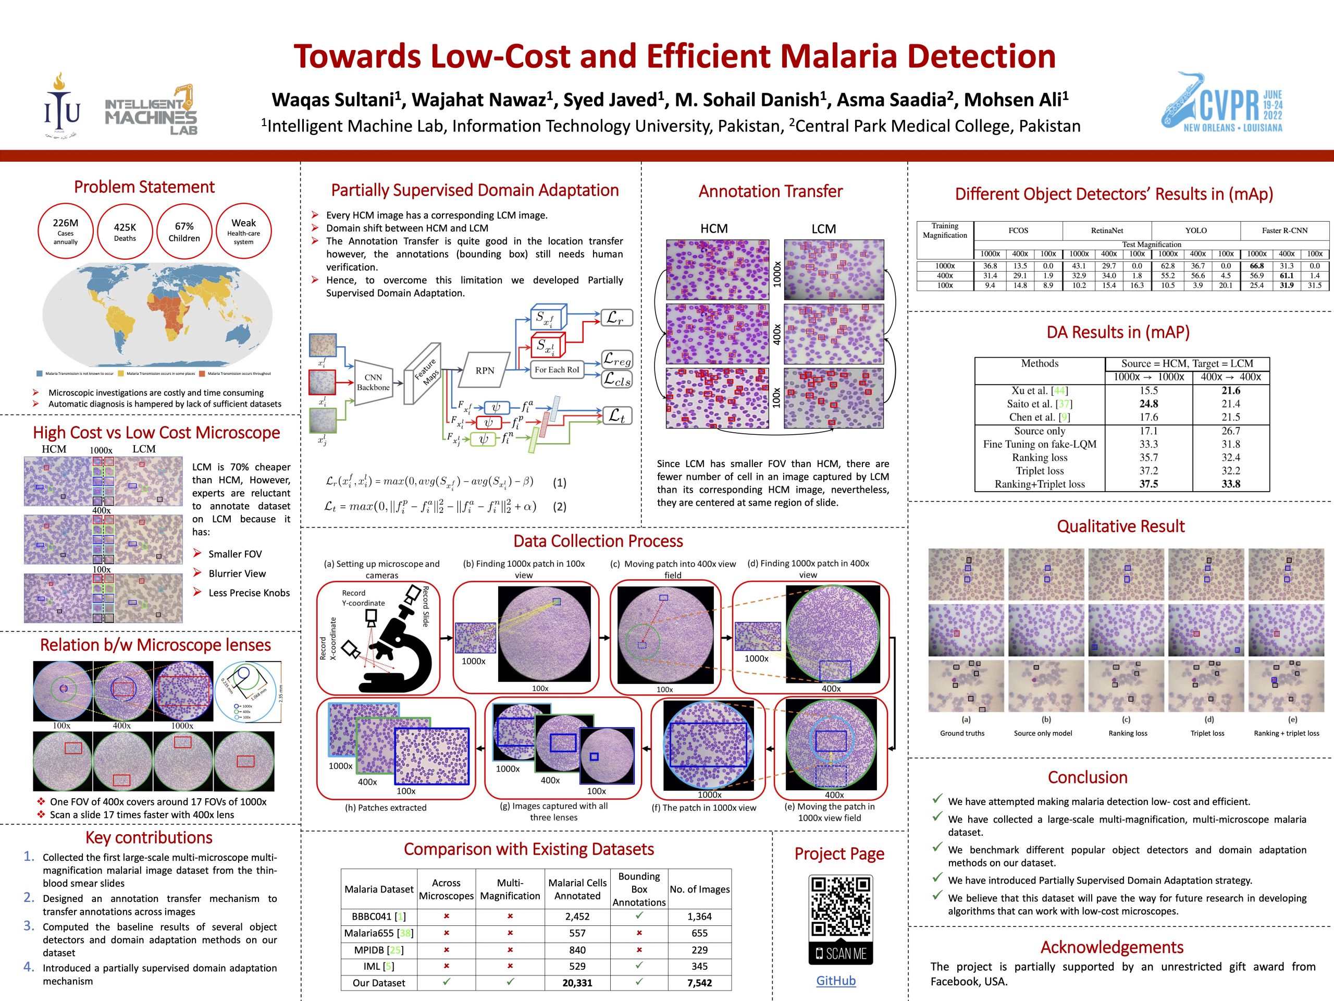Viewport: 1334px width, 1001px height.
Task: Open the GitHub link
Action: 836,981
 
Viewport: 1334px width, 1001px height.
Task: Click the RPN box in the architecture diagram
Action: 485,371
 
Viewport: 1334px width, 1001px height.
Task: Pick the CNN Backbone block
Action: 373,382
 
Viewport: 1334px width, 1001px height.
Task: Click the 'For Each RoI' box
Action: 557,369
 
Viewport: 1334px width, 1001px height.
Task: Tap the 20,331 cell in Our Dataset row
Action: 577,983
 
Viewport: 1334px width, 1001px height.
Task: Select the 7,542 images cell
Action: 699,983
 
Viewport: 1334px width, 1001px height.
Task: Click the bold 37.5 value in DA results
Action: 1148,484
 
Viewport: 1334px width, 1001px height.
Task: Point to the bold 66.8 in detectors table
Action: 1257,265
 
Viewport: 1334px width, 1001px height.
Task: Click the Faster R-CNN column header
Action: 1284,230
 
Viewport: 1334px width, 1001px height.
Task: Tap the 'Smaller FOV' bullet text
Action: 235,554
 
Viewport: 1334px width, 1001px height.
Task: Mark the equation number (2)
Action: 560,507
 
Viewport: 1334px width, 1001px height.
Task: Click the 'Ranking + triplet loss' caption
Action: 1287,733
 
